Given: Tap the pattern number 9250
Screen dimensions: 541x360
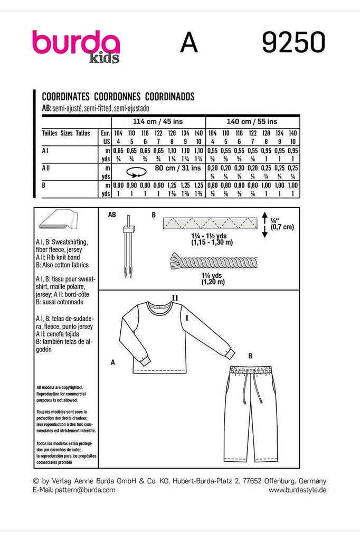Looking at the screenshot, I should pyautogui.click(x=293, y=42).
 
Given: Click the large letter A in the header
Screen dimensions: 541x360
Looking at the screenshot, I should pyautogui.click(x=189, y=43).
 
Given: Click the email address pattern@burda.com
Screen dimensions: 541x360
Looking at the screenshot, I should pyautogui.click(x=73, y=490).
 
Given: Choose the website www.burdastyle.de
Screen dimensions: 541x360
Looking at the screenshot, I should pyautogui.click(x=297, y=490).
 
